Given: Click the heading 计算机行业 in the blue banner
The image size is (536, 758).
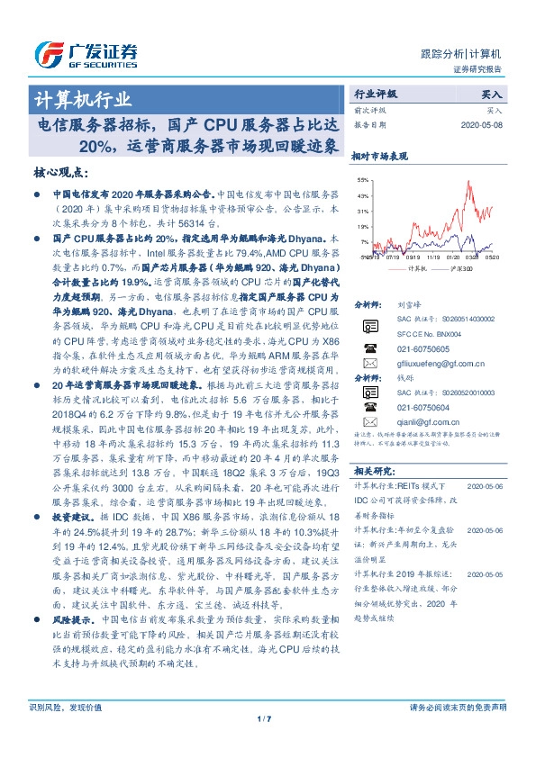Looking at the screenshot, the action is [x=83, y=98].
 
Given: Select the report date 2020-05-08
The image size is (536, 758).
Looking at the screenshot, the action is [x=484, y=124].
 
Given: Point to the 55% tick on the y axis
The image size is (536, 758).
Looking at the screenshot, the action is [x=362, y=180].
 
